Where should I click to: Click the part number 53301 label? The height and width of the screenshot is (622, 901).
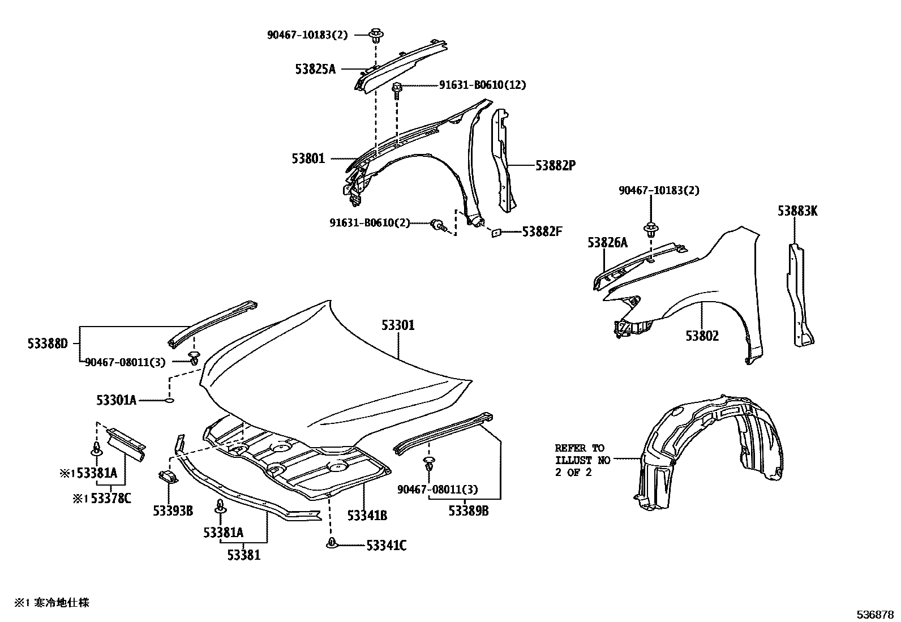398,325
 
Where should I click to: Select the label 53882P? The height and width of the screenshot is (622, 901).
555,165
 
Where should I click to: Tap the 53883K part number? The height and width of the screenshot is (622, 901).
797,212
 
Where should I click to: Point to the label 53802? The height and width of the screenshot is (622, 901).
702,336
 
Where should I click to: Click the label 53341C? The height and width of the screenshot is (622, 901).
386,546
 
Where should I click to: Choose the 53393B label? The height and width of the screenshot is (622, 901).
173,511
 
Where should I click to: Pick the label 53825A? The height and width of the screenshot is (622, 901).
315,70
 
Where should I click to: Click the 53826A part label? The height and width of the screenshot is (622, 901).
607,243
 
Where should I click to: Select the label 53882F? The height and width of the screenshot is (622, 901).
542,231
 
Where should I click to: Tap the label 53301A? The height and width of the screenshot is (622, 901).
116,401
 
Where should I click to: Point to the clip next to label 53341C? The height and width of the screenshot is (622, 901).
331,544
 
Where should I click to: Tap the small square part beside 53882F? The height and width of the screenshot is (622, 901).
496,231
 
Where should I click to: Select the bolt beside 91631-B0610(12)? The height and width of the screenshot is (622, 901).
397,89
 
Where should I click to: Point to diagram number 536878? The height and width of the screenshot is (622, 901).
874,614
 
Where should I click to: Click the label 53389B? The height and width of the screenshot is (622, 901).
469,511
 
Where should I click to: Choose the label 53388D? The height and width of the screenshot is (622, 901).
48,344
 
